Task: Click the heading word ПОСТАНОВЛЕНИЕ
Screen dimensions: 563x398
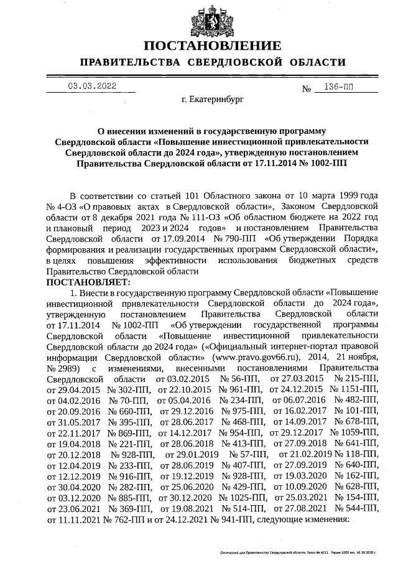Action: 212,46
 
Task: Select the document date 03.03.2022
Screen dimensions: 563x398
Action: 92,87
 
